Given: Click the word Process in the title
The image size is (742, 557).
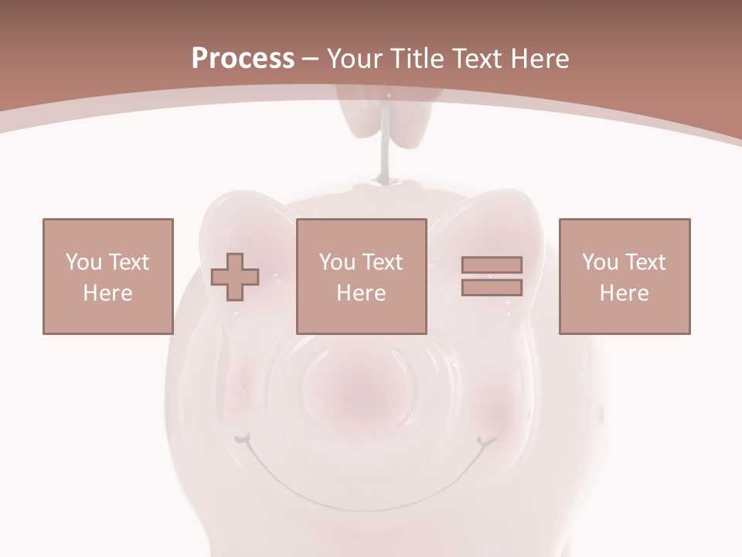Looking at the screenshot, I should [243, 59].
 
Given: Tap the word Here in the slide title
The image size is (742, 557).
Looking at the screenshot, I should [539, 59].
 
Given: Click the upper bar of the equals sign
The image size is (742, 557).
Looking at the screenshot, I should [492, 265].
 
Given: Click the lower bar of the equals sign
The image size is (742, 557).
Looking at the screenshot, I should [492, 288].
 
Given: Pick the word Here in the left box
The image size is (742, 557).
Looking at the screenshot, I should [107, 293].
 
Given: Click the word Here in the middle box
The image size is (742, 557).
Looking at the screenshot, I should [361, 293].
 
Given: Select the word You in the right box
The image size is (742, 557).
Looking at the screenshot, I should [599, 261].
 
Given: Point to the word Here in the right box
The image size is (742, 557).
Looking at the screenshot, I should [624, 293].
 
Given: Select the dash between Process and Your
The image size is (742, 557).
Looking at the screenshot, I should [311, 59].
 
